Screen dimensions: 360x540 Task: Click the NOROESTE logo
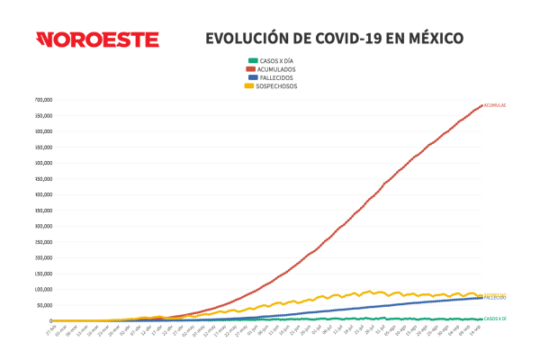tap(97, 40)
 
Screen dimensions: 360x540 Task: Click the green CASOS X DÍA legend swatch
tap(251, 60)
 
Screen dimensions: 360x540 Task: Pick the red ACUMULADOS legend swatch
tap(251, 68)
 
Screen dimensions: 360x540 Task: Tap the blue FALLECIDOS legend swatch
tap(251, 77)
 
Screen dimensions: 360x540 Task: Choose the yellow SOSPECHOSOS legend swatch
tap(251, 85)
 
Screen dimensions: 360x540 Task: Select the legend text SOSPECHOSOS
tap(278, 85)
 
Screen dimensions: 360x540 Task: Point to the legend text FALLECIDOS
tap(276, 77)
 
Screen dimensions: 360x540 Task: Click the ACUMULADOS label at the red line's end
tap(495, 105)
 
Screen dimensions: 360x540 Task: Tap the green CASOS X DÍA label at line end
tap(495, 319)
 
